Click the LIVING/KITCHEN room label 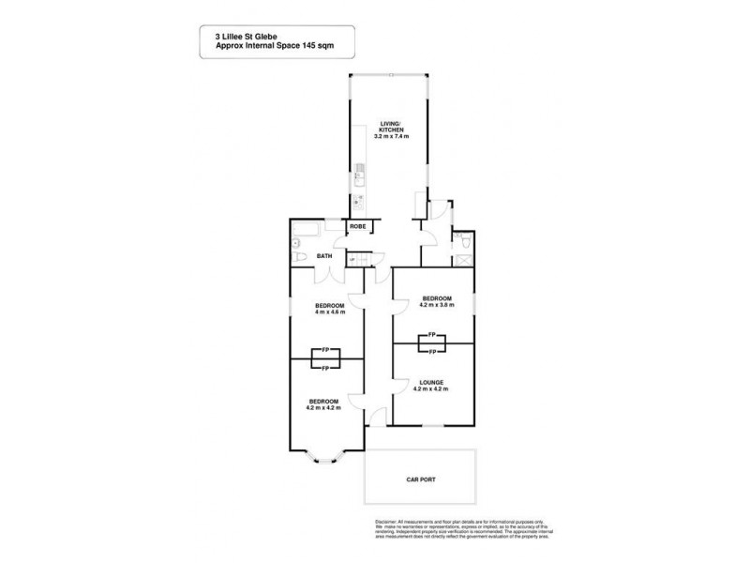tap(390, 126)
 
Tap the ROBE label tap(357, 226)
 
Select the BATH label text tap(324, 256)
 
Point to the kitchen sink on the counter tap(359, 174)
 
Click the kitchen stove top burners tap(358, 200)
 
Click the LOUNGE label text tap(432, 382)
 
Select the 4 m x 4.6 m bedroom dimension tap(330, 312)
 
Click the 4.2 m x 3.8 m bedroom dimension tap(437, 305)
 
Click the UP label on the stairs tap(352, 260)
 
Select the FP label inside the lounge tap(432, 352)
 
